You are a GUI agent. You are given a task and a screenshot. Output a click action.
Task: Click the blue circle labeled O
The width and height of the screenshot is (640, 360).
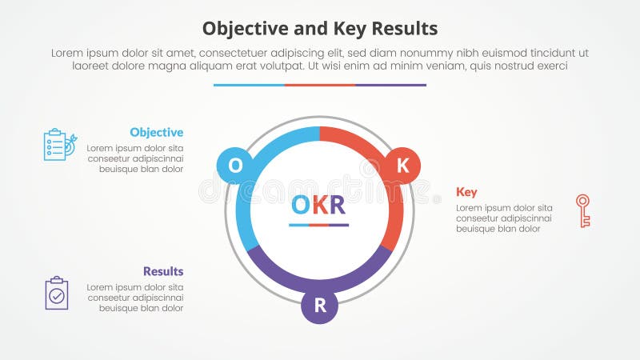pyautogui.click(x=235, y=166)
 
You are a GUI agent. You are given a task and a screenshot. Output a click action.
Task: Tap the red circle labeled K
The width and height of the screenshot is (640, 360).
pyautogui.click(x=403, y=166)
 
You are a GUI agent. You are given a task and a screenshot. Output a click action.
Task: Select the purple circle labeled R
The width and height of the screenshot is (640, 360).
pyautogui.click(x=319, y=305)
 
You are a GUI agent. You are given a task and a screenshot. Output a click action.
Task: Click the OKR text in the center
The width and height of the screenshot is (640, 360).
pyautogui.click(x=318, y=206)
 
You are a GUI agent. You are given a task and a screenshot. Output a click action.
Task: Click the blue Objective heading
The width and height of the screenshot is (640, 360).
pyautogui.click(x=156, y=133)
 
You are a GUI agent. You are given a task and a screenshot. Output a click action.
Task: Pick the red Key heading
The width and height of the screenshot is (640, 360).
pyautogui.click(x=466, y=192)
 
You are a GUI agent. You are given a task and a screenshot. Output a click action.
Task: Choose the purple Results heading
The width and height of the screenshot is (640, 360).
pyautogui.click(x=163, y=271)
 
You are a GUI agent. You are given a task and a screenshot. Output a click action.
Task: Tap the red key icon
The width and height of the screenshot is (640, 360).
pyautogui.click(x=582, y=210)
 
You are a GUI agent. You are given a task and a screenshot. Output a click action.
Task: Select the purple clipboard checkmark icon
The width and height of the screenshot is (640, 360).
pyautogui.click(x=57, y=294)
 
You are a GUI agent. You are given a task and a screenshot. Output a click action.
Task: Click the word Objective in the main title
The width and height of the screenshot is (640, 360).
pyautogui.click(x=239, y=29)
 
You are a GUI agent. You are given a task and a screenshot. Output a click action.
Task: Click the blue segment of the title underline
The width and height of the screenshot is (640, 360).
pyautogui.click(x=249, y=85)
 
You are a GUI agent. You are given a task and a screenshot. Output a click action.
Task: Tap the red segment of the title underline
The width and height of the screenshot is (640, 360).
pyautogui.click(x=319, y=85)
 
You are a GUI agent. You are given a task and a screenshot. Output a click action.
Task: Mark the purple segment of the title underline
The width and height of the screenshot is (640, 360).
pyautogui.click(x=390, y=85)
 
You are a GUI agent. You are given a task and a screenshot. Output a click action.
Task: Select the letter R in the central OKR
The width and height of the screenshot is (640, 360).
pyautogui.click(x=337, y=206)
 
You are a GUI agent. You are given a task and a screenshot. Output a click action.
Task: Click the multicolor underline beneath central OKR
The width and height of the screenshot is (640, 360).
pyautogui.click(x=318, y=225)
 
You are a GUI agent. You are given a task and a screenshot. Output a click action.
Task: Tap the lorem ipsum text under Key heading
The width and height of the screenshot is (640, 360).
pyautogui.click(x=504, y=218)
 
